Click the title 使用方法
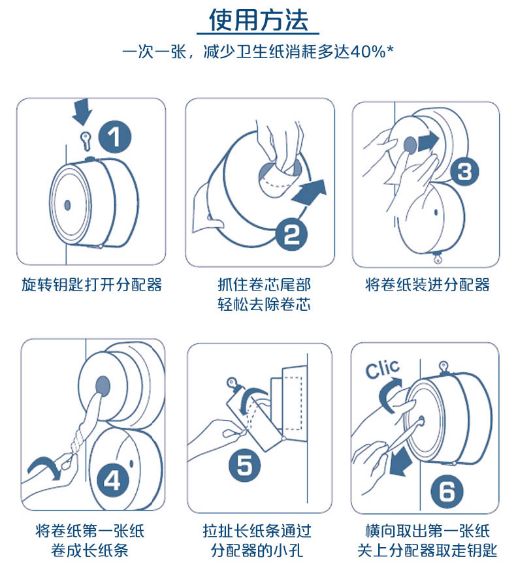click(x=258, y=20)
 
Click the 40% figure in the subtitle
click(x=368, y=52)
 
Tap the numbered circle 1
click(x=115, y=136)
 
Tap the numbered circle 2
click(x=291, y=234)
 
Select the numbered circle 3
click(x=465, y=172)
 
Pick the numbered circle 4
click(x=113, y=481)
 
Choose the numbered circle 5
click(x=245, y=466)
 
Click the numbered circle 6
click(x=447, y=491)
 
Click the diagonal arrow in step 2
click(x=310, y=193)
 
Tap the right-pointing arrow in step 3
click(x=429, y=142)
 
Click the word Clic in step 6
click(x=382, y=370)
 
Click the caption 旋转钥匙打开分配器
click(x=91, y=285)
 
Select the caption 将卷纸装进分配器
click(x=428, y=285)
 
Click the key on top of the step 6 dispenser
click(x=443, y=367)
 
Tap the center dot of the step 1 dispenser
click(x=67, y=205)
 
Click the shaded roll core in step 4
click(x=103, y=386)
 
